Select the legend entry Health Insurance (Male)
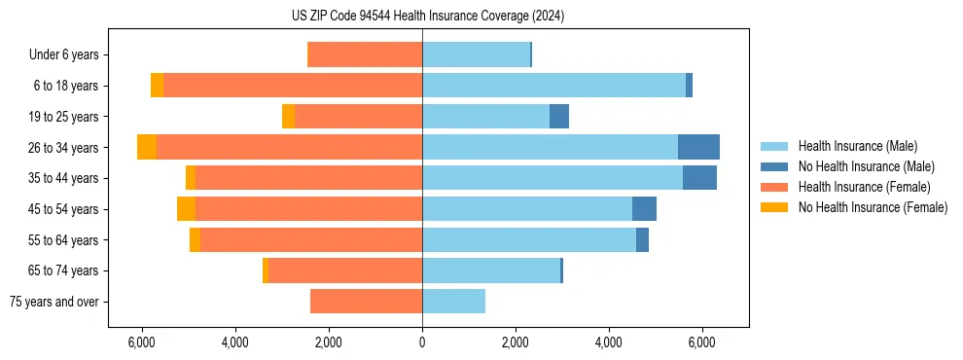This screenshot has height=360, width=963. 857,146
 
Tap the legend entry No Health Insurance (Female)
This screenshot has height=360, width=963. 873,207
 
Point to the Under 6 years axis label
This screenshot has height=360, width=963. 63,55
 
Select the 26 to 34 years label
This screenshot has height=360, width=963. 64,148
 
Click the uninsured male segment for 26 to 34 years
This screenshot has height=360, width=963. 698,147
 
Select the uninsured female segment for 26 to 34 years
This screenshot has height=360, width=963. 147,147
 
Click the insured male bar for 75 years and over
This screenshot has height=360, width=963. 453,302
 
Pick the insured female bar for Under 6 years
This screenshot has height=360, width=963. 365,55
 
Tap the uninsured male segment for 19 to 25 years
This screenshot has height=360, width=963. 559,117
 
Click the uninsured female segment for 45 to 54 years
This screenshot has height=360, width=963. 186,209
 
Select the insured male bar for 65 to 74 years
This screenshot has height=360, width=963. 491,270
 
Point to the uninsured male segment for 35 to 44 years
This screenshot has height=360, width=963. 699,178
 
